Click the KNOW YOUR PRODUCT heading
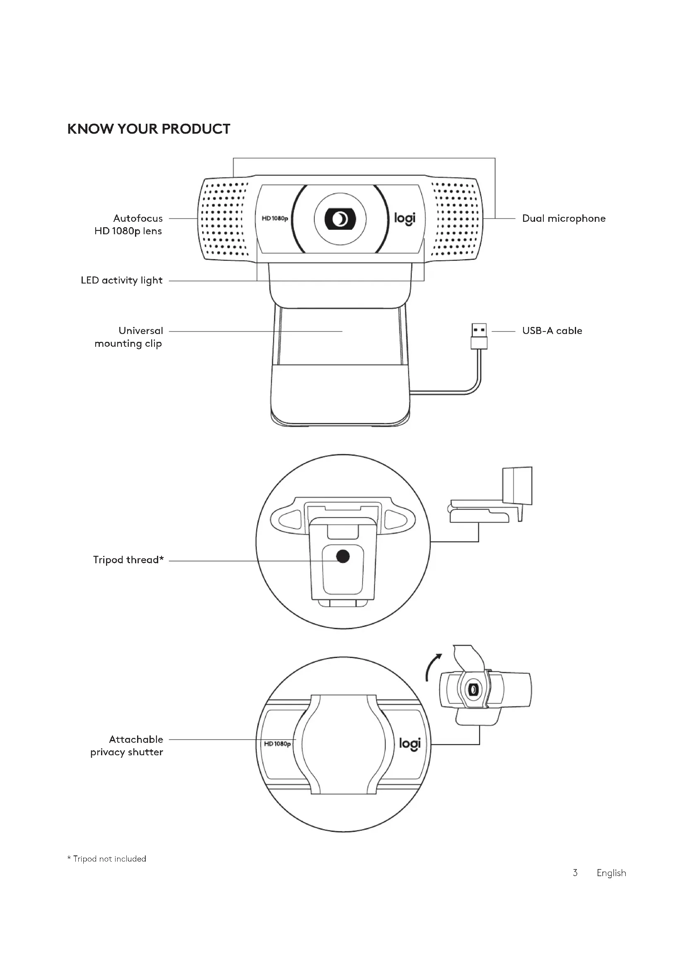tap(149, 129)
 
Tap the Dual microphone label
tap(564, 219)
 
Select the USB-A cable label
tap(552, 331)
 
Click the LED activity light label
tap(121, 280)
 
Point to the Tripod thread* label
tap(128, 560)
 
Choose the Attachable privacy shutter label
tap(127, 745)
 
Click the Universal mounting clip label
tap(129, 337)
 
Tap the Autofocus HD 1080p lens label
tap(129, 224)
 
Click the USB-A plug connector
tap(479, 336)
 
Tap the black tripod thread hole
tap(343, 557)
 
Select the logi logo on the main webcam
tap(405, 219)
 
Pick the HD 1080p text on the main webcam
tap(275, 219)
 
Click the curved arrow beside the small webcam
tap(433, 668)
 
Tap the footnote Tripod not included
tap(107, 859)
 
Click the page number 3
tap(575, 873)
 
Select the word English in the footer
tap(611, 873)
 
